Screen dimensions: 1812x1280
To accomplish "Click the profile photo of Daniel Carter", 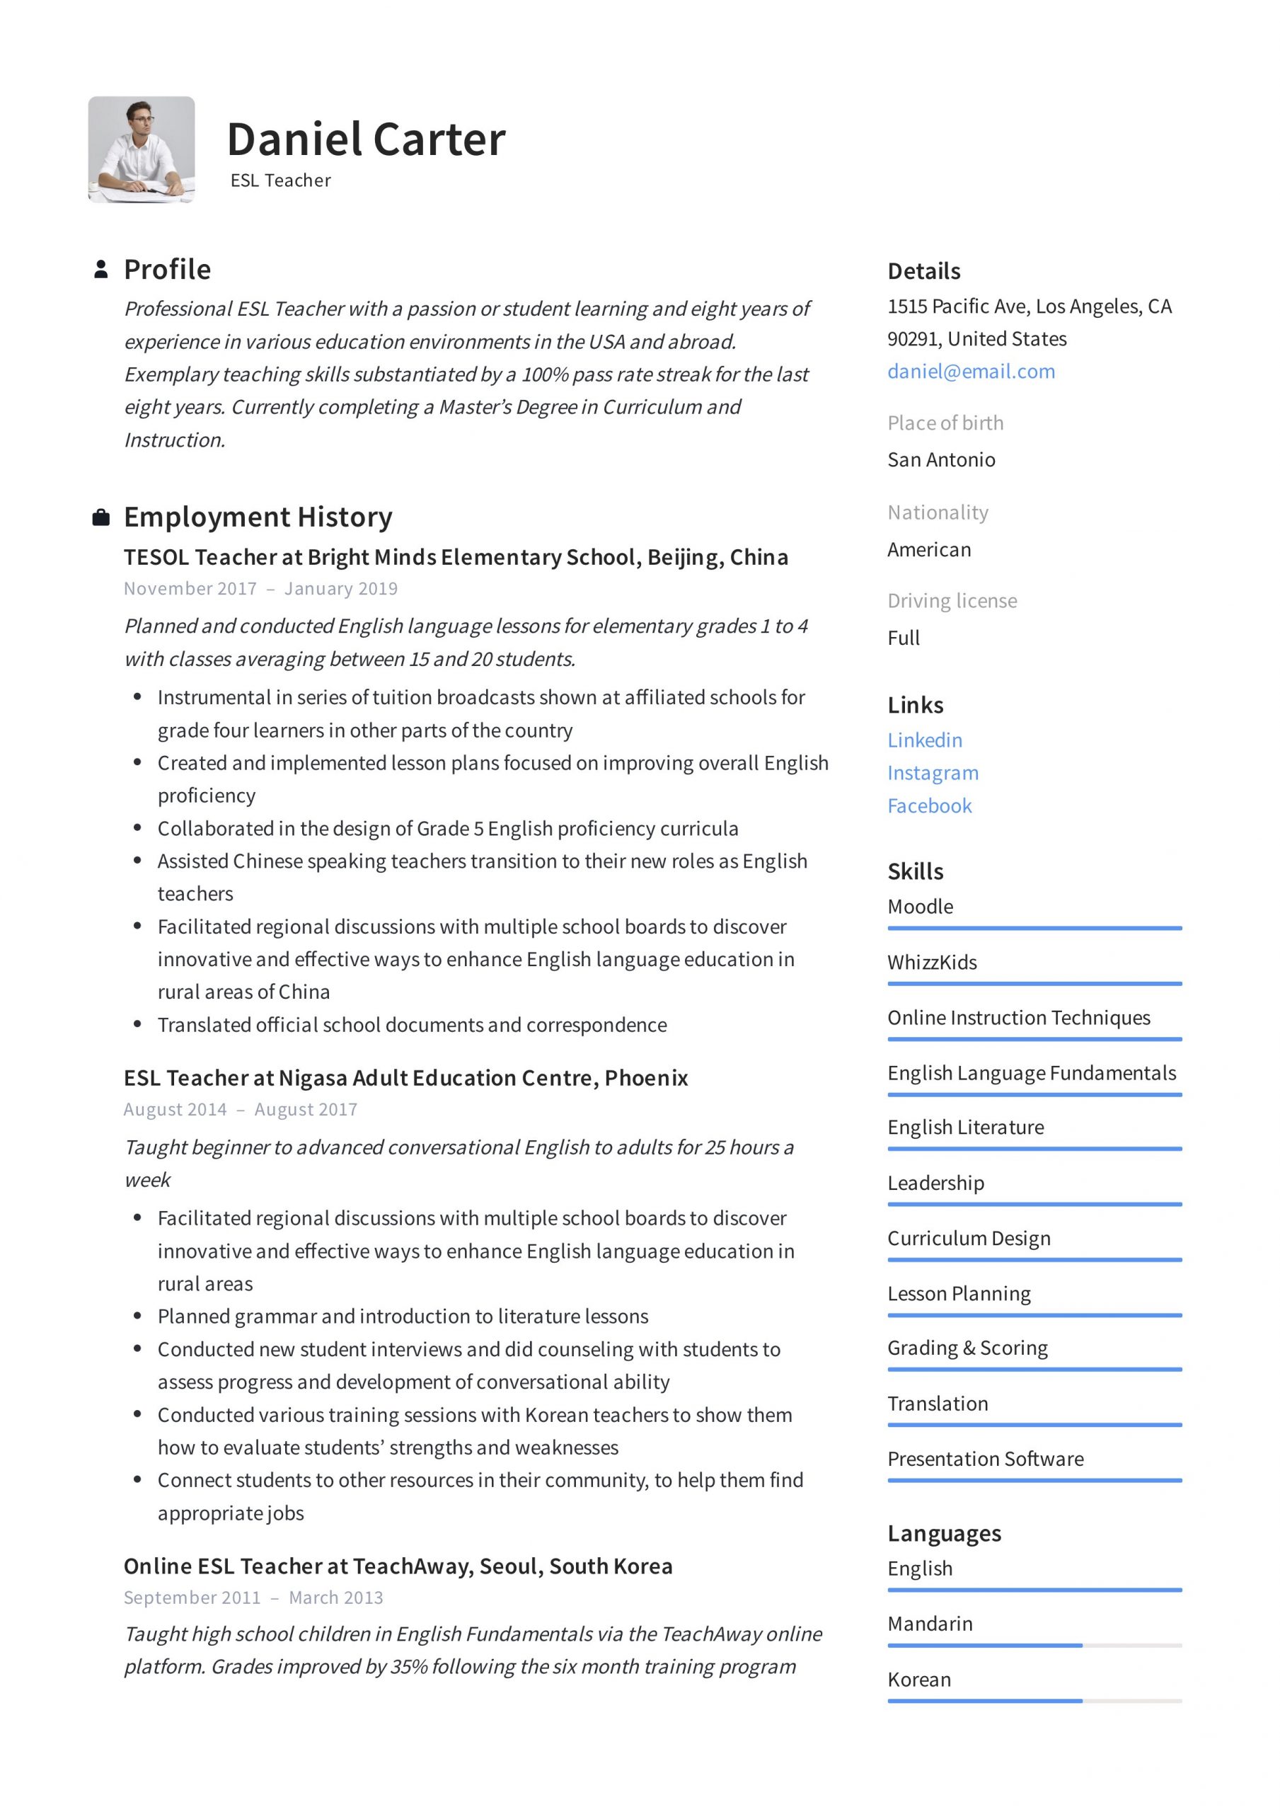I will (x=142, y=150).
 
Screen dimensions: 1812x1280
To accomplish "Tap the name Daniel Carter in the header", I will (x=365, y=139).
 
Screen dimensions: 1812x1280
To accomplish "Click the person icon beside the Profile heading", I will (x=101, y=269).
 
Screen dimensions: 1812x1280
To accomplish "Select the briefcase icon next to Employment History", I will (x=101, y=517).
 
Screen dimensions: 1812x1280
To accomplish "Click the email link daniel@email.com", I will (x=971, y=371).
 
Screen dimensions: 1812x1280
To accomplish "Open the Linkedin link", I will (x=924, y=740).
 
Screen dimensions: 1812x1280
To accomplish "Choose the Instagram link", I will (x=932, y=773).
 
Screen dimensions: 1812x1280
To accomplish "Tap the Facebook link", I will (x=929, y=805).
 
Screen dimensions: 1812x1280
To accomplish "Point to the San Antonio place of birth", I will (x=940, y=459).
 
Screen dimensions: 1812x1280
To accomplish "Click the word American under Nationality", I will (x=929, y=549).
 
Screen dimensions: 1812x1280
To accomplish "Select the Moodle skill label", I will (x=919, y=906).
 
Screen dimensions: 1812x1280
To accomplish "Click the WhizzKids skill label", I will (x=931, y=962).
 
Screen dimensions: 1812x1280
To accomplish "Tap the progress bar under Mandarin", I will (x=1034, y=1646).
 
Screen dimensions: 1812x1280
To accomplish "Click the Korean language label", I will (x=918, y=1680).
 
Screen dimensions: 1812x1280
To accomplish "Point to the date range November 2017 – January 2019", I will (x=260, y=589).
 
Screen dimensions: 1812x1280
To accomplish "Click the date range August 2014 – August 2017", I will (x=240, y=1110).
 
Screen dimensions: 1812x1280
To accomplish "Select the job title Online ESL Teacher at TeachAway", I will (x=398, y=1566).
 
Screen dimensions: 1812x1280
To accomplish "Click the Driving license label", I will (x=952, y=601).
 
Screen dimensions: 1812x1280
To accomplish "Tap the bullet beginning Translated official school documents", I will (x=412, y=1024).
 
